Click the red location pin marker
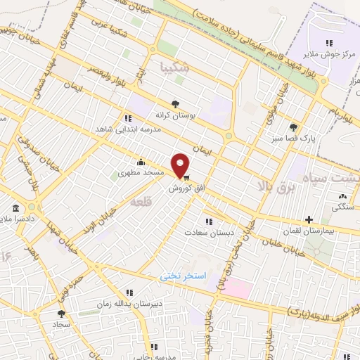(181, 165)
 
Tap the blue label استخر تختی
(184, 276)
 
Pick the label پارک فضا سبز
(293, 139)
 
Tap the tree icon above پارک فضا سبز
(292, 127)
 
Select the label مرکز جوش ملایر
(326, 53)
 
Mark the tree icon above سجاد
(61, 314)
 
